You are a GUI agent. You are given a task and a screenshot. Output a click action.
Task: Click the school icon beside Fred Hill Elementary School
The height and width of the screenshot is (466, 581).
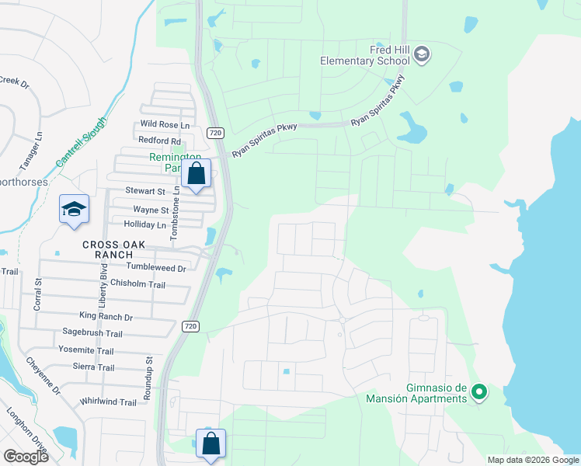(422, 54)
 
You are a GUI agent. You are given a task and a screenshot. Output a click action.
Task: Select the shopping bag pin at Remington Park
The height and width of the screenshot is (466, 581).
(197, 174)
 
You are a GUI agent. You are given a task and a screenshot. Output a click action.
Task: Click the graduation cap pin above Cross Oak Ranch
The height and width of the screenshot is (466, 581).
(75, 210)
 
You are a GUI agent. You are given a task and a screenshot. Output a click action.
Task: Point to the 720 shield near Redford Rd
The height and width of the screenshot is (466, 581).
(216, 133)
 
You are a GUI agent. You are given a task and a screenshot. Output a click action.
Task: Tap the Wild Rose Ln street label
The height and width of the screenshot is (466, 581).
(165, 125)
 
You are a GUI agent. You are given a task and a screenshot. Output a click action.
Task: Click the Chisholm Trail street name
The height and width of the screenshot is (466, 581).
(138, 284)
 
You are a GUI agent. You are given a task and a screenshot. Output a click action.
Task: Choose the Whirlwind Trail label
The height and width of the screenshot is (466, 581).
(108, 402)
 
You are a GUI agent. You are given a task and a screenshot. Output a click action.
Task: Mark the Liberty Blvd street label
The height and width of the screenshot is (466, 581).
(103, 283)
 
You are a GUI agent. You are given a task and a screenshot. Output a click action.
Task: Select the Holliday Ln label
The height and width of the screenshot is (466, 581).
(140, 225)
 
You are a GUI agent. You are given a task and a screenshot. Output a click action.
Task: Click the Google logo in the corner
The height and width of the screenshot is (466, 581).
(26, 457)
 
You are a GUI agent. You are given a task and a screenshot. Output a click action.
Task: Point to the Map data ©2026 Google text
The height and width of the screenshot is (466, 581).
(534, 460)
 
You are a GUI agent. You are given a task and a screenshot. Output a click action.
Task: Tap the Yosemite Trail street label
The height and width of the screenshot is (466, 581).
(86, 350)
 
